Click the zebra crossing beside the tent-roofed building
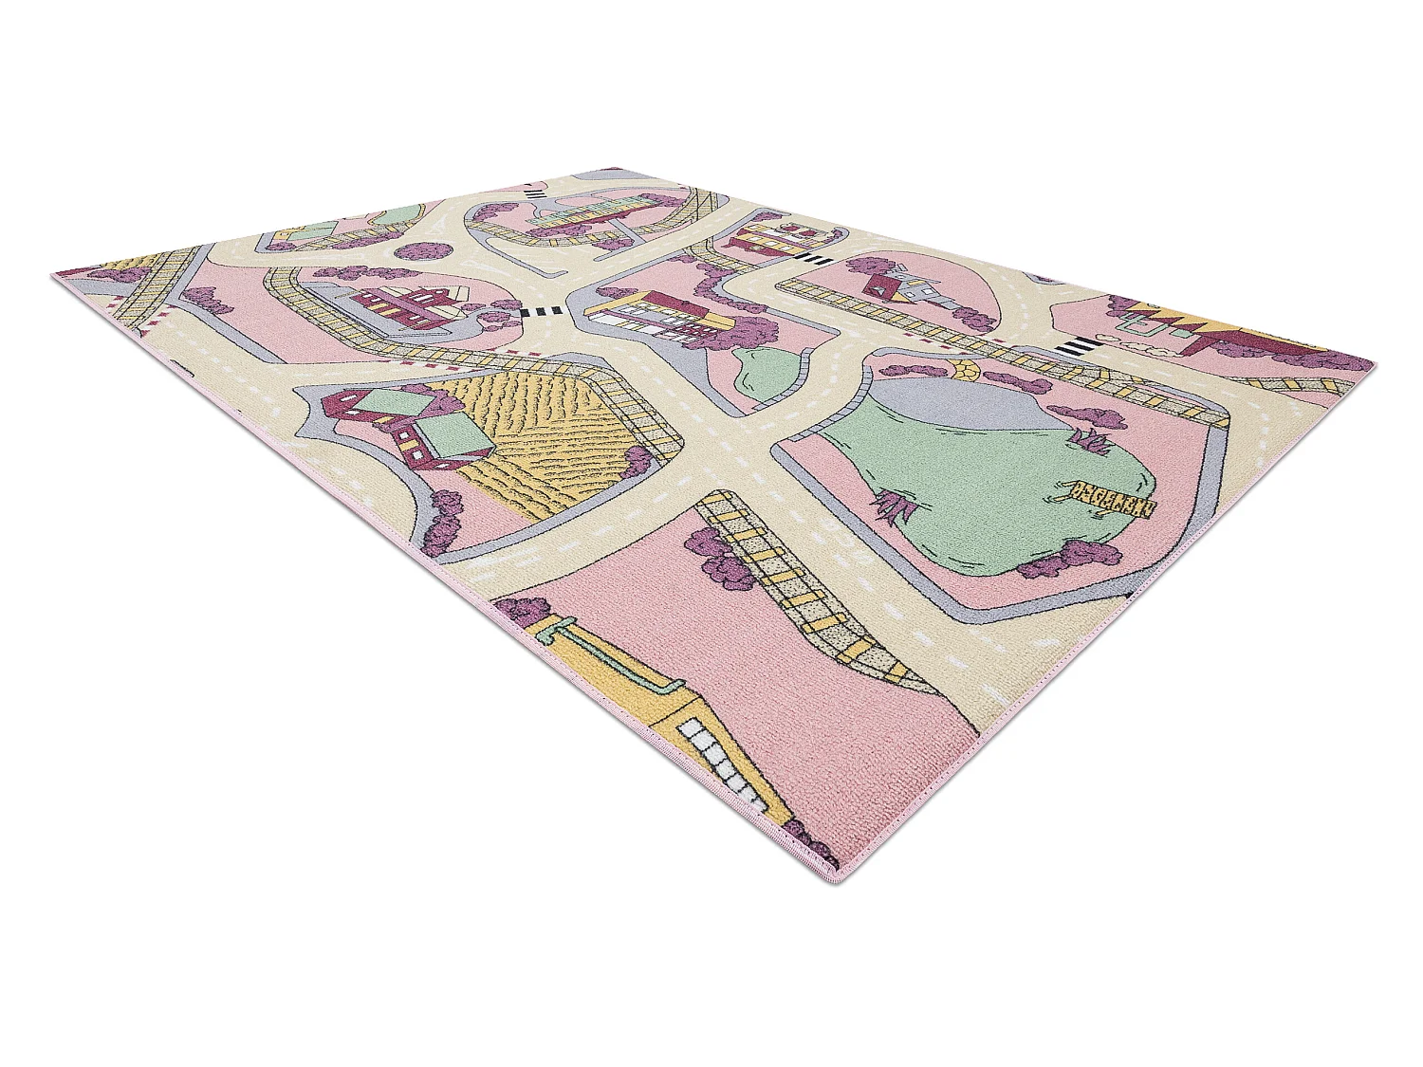point(1078,347)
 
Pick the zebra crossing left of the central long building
point(537,312)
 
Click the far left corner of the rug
point(54,274)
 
